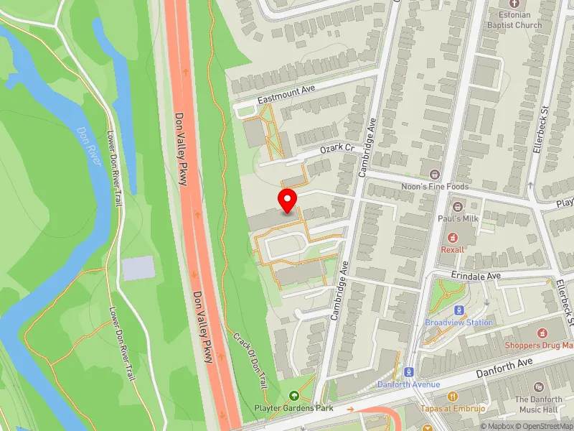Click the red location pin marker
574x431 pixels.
[288, 200]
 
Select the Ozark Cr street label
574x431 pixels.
[337, 149]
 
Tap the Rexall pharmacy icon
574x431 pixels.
[453, 237]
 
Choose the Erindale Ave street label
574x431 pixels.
[475, 276]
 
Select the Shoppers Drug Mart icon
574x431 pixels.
[543, 333]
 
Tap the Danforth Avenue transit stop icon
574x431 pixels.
[409, 372]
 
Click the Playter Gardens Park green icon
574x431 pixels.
[293, 396]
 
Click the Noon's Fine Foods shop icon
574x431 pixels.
[434, 175]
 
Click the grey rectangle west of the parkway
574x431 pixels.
[138, 268]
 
